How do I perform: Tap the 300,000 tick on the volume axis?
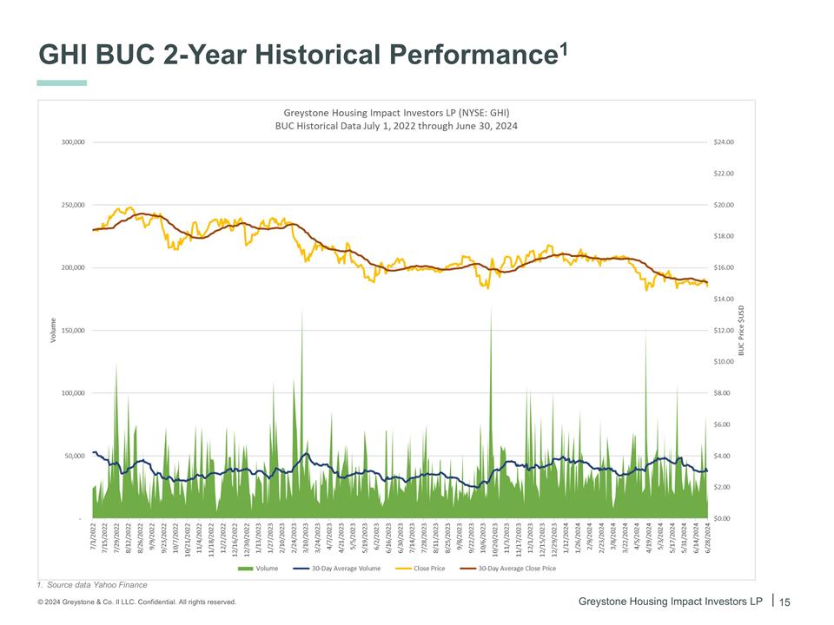click(72, 141)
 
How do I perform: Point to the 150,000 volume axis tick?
click(72, 331)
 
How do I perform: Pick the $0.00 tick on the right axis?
click(723, 518)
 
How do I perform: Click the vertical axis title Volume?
click(54, 330)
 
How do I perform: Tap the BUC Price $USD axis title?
click(742, 330)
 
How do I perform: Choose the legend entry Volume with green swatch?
click(258, 569)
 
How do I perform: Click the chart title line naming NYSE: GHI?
click(397, 113)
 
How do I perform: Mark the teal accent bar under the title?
click(62, 83)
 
